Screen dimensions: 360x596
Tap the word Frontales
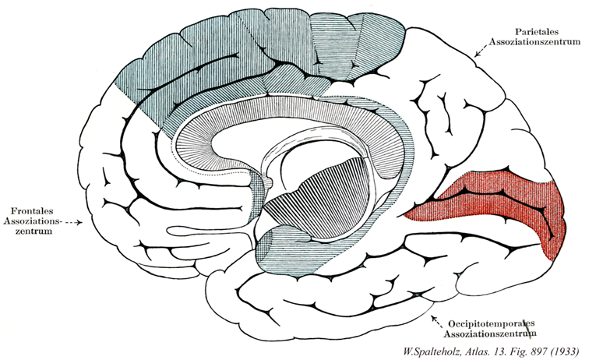click(x=32, y=210)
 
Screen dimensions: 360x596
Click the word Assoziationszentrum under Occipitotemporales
click(x=493, y=332)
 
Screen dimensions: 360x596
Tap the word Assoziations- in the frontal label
click(x=32, y=221)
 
